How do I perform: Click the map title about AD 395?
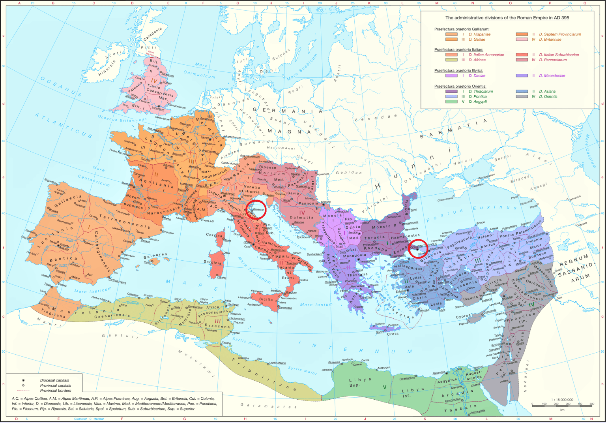tap(507, 18)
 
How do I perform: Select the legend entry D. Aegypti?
tap(477, 102)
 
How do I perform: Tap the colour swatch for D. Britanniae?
tap(522, 39)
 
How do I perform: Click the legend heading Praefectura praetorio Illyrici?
tap(458, 71)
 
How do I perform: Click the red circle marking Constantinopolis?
tap(418, 249)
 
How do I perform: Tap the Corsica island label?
tap(214, 235)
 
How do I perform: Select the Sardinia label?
tap(213, 263)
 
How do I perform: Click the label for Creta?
tap(393, 334)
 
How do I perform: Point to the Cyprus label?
tap(463, 316)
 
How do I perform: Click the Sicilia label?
tap(266, 299)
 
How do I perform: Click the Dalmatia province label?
tap(301, 218)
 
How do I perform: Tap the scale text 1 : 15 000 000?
tap(562, 400)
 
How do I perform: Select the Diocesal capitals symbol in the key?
tap(23, 380)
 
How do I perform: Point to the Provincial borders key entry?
tap(56, 391)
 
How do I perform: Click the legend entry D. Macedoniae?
tap(552, 76)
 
